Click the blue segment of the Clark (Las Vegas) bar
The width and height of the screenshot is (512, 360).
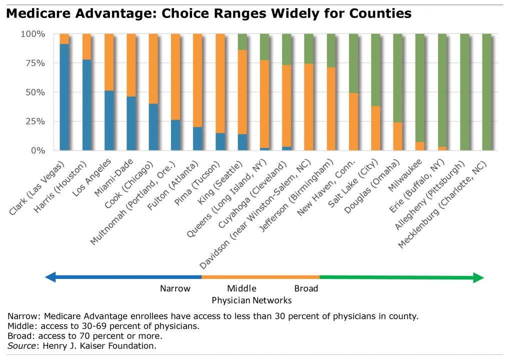click(x=64, y=97)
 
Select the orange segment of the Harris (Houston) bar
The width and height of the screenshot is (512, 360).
click(x=86, y=46)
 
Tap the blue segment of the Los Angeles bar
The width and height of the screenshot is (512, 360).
click(x=109, y=120)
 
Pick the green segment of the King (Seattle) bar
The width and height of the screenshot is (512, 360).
click(x=242, y=42)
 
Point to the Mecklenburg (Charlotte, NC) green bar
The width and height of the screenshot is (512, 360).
click(x=486, y=92)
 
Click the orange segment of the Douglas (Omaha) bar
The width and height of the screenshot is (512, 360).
click(x=397, y=136)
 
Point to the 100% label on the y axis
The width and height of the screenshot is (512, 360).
click(x=32, y=34)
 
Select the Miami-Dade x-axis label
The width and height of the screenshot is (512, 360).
click(x=115, y=172)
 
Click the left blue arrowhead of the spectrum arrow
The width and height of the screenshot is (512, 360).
click(x=50, y=276)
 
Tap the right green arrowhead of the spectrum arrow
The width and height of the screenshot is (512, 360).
click(x=478, y=277)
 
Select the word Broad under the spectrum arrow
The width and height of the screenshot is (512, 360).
click(x=306, y=288)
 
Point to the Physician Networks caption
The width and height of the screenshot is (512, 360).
click(x=251, y=300)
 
